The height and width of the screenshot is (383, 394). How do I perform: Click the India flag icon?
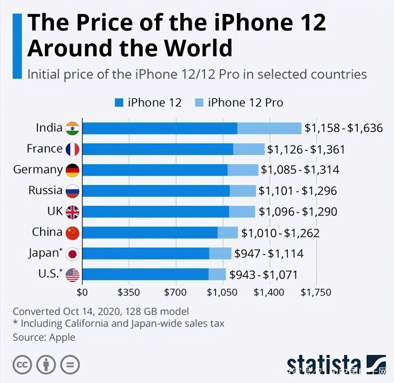pyautogui.click(x=72, y=128)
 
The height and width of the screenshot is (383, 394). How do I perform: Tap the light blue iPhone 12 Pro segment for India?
pyautogui.click(x=269, y=128)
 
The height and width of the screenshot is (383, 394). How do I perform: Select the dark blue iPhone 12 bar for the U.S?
pyautogui.click(x=145, y=274)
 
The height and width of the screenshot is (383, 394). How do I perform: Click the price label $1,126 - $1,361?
pyautogui.click(x=306, y=149)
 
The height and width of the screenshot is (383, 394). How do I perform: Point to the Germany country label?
pyautogui.click(x=38, y=170)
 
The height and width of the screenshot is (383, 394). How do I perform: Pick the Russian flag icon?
pyautogui.click(x=72, y=191)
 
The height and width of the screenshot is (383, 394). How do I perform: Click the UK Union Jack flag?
pyautogui.click(x=72, y=212)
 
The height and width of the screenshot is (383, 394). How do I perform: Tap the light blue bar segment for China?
pyautogui.click(x=228, y=233)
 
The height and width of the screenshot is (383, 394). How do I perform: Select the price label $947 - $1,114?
pyautogui.click(x=269, y=254)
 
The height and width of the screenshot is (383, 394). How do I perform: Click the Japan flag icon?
pyautogui.click(x=72, y=254)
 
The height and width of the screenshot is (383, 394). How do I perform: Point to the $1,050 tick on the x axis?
pyautogui.click(x=222, y=292)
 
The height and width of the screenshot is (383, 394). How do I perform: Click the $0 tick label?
pyautogui.click(x=82, y=292)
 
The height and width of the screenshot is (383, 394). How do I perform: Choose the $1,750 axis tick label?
pyautogui.click(x=316, y=292)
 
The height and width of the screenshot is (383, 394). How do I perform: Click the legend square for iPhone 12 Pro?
pyautogui.click(x=199, y=103)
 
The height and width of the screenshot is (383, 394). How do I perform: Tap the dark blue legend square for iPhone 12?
pyautogui.click(x=119, y=103)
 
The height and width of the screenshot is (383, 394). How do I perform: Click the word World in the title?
pyautogui.click(x=199, y=48)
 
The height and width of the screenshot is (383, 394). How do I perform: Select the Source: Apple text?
pyautogui.click(x=44, y=337)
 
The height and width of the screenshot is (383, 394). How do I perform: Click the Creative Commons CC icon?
pyautogui.click(x=22, y=365)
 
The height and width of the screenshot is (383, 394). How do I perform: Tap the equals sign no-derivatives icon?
pyautogui.click(x=70, y=365)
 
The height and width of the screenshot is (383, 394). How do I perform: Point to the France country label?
pyautogui.click(x=44, y=149)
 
